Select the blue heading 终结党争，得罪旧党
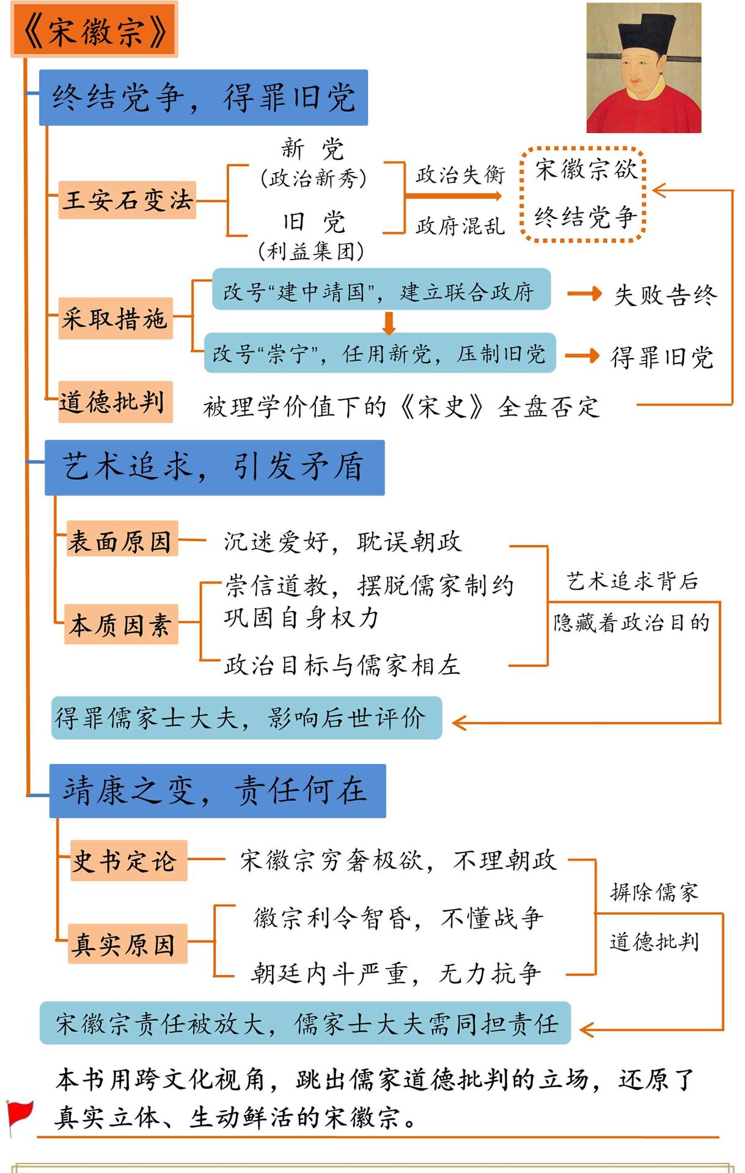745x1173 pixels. coord(204,98)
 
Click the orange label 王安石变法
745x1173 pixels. coord(128,200)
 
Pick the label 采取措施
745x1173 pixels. coord(116,318)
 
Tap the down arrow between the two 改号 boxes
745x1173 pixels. coord(388,323)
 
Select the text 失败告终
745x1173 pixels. coord(665,294)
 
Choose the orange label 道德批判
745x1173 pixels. coord(114,401)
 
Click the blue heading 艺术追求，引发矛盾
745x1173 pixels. coord(215,467)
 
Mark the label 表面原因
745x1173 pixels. coord(121,539)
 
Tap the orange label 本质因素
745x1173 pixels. coord(121,624)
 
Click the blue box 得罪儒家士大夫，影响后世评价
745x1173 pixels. coord(246,718)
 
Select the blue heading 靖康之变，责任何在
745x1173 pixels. coord(217,791)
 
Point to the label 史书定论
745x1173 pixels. coord(128,860)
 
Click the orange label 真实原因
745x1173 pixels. coord(127,943)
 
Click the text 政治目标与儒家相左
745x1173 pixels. coord(342,664)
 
